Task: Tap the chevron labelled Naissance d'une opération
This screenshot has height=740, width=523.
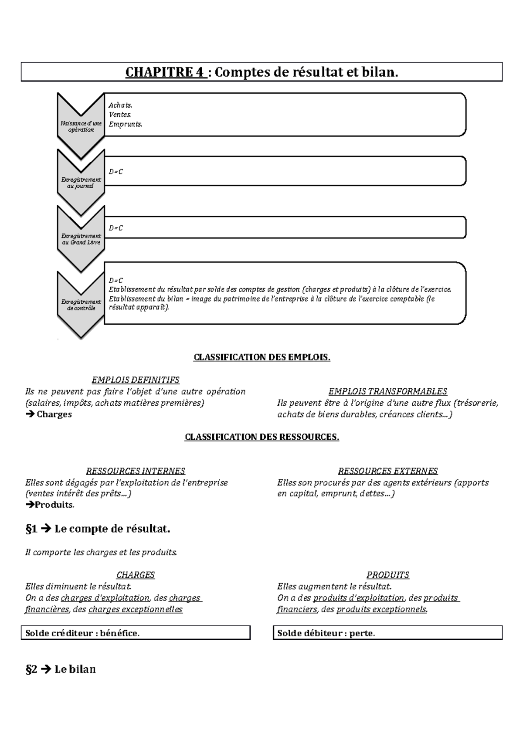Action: click(x=81, y=124)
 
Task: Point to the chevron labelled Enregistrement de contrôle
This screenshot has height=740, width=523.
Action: click(x=81, y=304)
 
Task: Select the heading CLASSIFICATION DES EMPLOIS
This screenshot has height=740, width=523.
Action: click(x=261, y=358)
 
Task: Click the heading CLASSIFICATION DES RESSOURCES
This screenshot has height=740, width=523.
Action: click(x=261, y=437)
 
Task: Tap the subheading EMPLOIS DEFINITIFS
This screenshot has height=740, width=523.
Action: click(x=135, y=380)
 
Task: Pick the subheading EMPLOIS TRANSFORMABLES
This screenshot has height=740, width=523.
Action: click(x=387, y=391)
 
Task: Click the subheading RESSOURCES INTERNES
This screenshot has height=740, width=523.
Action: click(x=135, y=471)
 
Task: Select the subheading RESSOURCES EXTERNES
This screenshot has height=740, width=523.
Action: click(x=387, y=471)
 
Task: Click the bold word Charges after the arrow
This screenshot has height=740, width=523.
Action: click(x=54, y=414)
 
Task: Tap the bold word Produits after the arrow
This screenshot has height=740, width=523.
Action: click(x=54, y=505)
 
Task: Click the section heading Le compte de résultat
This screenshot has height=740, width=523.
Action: click(x=112, y=529)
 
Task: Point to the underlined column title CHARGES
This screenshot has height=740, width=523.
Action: click(x=135, y=575)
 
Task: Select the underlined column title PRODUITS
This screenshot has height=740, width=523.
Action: click(x=387, y=575)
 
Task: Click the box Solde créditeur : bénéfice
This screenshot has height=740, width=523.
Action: click(x=136, y=633)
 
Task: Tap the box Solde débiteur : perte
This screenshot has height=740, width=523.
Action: click(x=387, y=633)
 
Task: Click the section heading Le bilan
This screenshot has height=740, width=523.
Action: click(x=75, y=669)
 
